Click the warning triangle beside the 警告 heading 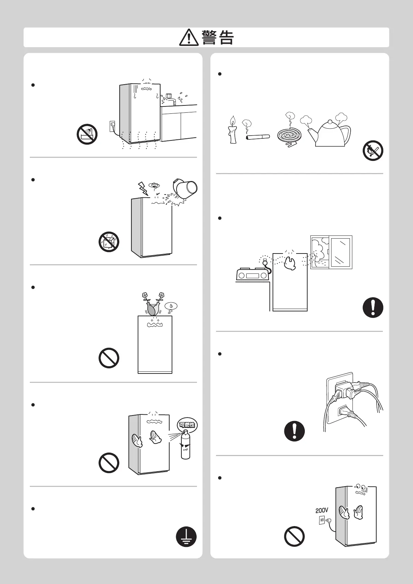[x=189, y=37]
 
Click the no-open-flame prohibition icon [x=373, y=151]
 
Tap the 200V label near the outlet [x=322, y=510]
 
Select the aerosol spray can [x=186, y=445]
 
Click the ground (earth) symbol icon [x=186, y=536]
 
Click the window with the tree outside [x=331, y=252]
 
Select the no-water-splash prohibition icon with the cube [x=109, y=242]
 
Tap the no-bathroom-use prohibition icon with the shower [x=87, y=134]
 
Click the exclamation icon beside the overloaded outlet [x=294, y=431]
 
